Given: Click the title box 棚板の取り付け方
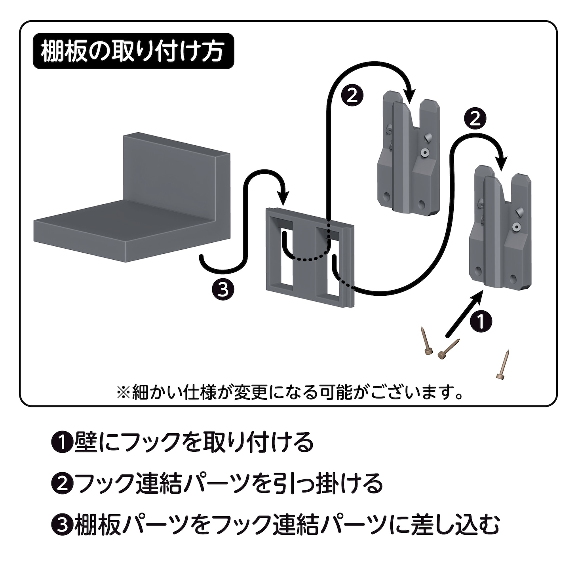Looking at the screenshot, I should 133,51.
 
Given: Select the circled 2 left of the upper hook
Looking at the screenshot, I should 352,95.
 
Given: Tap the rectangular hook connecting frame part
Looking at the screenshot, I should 309,257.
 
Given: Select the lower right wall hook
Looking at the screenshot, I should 499,230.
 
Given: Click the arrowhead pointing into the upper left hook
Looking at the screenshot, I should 410,97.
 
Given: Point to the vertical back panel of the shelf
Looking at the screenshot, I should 170,170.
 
